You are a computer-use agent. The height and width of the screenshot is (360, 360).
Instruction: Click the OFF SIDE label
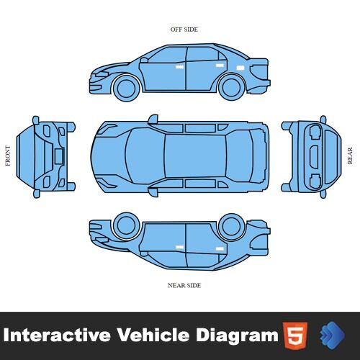tap(184, 30)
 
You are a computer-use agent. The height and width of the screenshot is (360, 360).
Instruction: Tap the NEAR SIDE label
tap(184, 285)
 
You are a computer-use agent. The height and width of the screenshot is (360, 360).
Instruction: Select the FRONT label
tap(8, 156)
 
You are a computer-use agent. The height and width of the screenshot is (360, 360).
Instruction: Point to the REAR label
tap(350, 156)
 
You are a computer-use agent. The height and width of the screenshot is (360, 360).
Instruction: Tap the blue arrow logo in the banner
tap(333, 334)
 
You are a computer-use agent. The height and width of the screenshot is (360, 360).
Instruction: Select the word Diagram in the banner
tap(237, 336)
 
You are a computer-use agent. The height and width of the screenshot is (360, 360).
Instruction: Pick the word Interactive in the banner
tap(57, 335)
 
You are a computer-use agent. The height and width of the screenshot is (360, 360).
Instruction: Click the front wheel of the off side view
tap(127, 88)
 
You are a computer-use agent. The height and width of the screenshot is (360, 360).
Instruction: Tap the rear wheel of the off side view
tap(231, 87)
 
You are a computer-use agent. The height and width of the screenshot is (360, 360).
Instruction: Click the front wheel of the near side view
tap(127, 225)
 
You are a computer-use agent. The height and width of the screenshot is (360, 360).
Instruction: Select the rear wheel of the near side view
tap(231, 227)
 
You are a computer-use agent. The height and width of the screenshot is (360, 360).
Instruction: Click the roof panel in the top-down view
tap(195, 156)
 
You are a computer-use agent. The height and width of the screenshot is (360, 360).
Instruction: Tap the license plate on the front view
tap(59, 156)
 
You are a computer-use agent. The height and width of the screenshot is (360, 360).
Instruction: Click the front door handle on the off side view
tap(179, 67)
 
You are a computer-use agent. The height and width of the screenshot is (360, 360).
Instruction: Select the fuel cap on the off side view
tap(240, 68)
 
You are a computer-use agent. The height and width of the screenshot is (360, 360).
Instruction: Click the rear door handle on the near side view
tap(220, 248)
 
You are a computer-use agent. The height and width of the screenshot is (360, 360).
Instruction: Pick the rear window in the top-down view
tap(240, 156)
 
